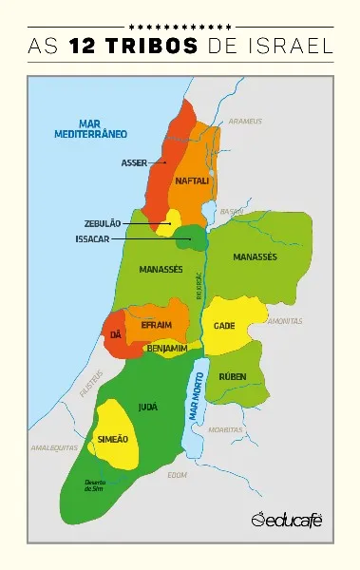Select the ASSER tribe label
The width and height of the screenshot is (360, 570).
coord(134,162)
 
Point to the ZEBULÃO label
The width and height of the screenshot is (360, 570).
coord(103,223)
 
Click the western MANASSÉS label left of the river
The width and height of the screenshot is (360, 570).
coord(161,269)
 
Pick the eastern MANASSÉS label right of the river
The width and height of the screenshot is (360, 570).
coord(255,257)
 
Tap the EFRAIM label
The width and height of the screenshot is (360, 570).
coord(156,325)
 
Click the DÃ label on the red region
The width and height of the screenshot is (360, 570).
coord(116,335)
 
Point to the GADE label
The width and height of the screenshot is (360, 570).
coord(224,325)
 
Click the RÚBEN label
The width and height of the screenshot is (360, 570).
coord(232,376)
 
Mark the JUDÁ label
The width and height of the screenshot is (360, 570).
coord(147,406)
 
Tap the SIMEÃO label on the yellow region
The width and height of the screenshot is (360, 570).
coord(112,438)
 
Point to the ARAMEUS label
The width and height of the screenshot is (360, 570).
coord(245,122)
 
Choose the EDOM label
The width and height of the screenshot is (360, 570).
coord(177,473)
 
